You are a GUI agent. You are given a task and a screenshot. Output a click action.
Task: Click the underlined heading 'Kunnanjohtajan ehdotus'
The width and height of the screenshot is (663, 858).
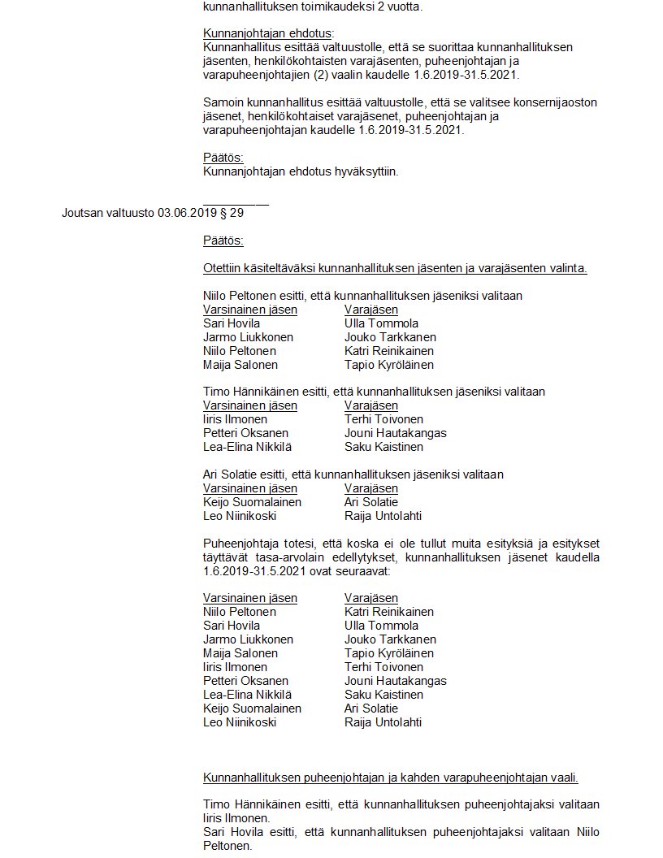(x=266, y=33)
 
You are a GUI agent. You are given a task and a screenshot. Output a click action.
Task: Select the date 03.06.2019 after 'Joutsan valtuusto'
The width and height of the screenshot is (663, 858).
(x=187, y=214)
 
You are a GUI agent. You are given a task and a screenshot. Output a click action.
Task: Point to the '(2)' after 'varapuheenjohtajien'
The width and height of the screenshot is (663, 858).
(x=334, y=75)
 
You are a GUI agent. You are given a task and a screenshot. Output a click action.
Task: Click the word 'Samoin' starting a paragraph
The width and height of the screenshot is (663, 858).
(x=222, y=102)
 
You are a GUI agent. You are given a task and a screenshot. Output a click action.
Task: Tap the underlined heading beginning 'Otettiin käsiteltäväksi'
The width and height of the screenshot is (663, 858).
(x=395, y=268)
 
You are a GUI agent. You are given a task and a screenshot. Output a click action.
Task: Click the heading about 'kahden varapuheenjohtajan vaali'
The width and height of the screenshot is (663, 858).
(x=390, y=778)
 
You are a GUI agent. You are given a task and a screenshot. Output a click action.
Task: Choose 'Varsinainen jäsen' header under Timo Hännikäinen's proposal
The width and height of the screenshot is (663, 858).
(x=250, y=405)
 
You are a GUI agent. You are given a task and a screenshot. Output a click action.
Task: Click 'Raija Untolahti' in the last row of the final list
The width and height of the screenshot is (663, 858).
(x=383, y=722)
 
